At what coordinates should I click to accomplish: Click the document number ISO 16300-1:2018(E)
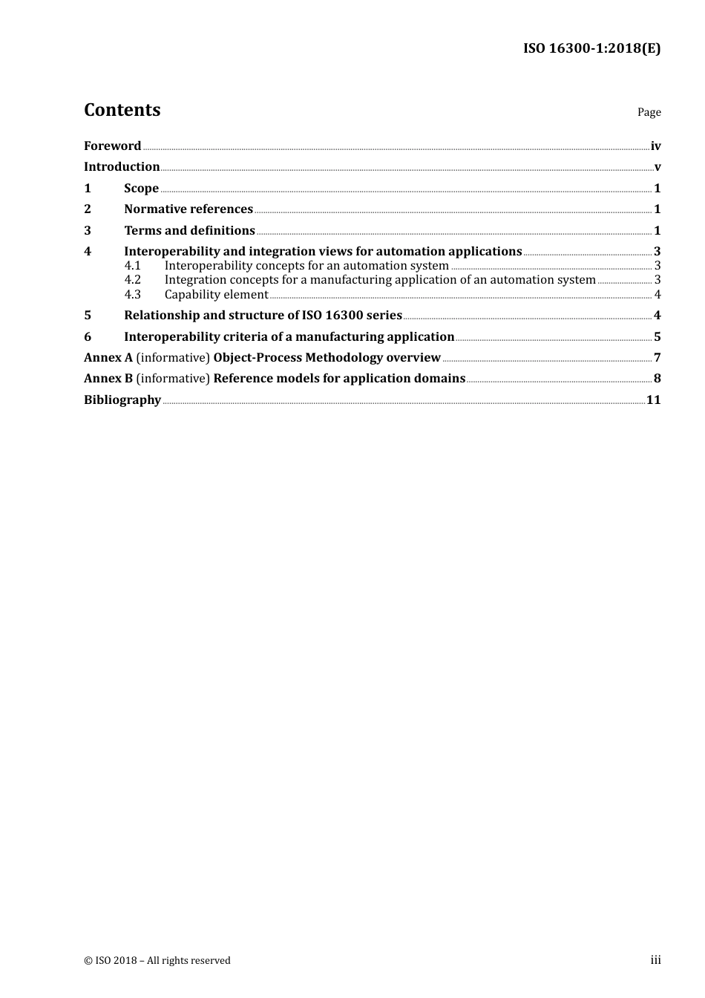[x=591, y=48]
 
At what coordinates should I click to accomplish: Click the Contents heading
[x=122, y=110]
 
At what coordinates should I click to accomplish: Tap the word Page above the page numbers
[x=649, y=112]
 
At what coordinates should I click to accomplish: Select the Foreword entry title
[x=112, y=146]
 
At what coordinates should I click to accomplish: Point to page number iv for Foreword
[x=655, y=146]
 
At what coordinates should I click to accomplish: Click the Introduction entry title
[x=122, y=166]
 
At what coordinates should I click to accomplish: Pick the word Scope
[x=141, y=188]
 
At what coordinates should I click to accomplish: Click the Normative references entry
[x=188, y=209]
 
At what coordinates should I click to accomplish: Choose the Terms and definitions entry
[x=189, y=230]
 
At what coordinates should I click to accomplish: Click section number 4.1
[x=132, y=266]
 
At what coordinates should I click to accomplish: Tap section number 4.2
[x=132, y=280]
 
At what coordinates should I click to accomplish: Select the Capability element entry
[x=216, y=294]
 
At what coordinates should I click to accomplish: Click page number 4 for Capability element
[x=658, y=294]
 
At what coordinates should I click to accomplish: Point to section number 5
[x=88, y=315]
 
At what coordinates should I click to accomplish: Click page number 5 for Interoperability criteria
[x=658, y=336]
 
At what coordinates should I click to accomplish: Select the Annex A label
[x=108, y=357]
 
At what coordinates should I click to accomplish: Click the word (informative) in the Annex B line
[x=173, y=378]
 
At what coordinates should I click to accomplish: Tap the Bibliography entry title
[x=122, y=399]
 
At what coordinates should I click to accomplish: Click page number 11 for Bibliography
[x=654, y=399]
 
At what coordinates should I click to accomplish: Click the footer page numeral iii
[x=655, y=960]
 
